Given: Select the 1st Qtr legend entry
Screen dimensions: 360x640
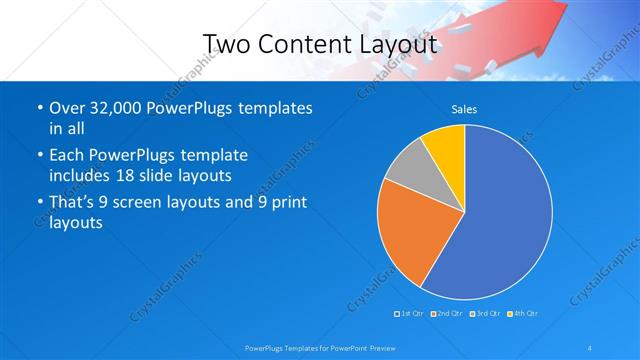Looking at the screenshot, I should pyautogui.click(x=409, y=314).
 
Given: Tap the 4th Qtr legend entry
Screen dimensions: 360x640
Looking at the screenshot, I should pyautogui.click(x=523, y=314).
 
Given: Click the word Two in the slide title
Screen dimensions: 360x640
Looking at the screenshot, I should pyautogui.click(x=227, y=44).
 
